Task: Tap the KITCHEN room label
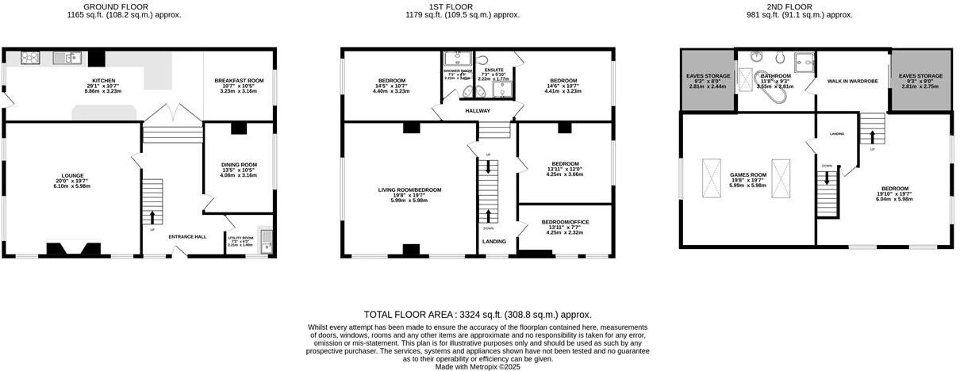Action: coord(103,81)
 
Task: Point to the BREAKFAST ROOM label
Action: coord(239,81)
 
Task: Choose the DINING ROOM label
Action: coord(239,165)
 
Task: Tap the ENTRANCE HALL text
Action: coord(187,236)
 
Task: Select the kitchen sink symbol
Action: coord(67,57)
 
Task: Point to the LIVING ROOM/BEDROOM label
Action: coord(409,190)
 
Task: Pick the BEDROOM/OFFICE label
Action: coord(565,223)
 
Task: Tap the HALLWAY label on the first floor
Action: coord(478,111)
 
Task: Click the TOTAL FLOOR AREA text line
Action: coord(478,315)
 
